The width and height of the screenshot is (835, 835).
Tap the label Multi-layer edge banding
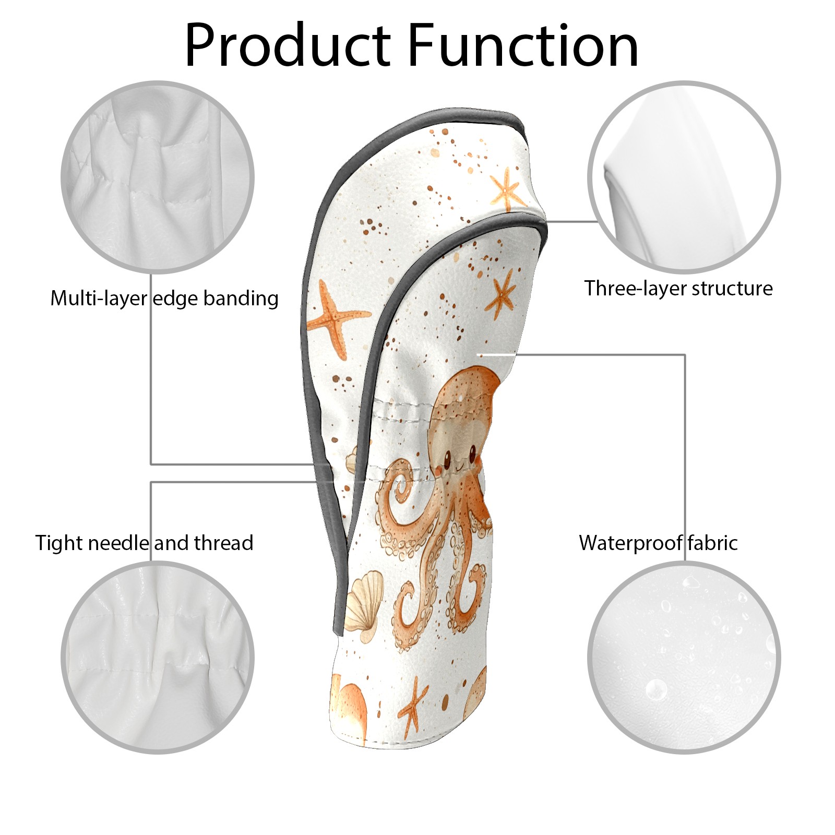[164, 299]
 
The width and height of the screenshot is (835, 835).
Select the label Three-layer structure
[678, 288]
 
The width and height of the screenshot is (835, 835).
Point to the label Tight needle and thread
[145, 543]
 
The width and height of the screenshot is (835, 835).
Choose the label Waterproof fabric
[659, 543]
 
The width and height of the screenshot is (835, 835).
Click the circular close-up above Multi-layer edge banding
[158, 177]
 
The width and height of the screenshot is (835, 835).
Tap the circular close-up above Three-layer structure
[684, 177]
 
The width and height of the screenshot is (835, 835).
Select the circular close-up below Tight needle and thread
[158, 658]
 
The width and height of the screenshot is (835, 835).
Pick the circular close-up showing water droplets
[684, 658]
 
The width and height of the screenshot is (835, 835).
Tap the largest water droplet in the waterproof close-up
[656, 690]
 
